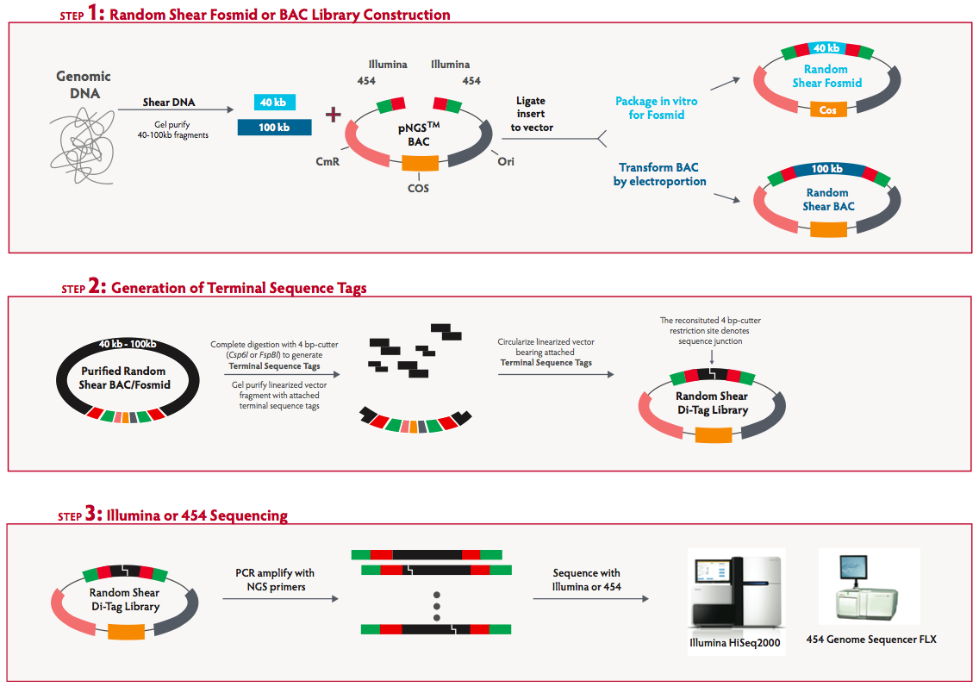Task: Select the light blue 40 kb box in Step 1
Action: coord(275,103)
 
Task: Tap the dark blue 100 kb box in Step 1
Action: coord(275,128)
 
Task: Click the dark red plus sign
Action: coord(332,115)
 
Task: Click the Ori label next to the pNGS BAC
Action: coord(506,161)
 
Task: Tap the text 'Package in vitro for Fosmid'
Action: coord(657,108)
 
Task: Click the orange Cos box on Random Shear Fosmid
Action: coord(827,109)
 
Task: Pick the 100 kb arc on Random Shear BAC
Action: coord(826,169)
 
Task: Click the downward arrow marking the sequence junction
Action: coord(711,356)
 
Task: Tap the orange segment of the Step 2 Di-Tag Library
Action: coord(713,434)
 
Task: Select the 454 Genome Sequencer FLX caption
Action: coord(870,640)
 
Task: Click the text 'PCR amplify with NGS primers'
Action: coord(275,579)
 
